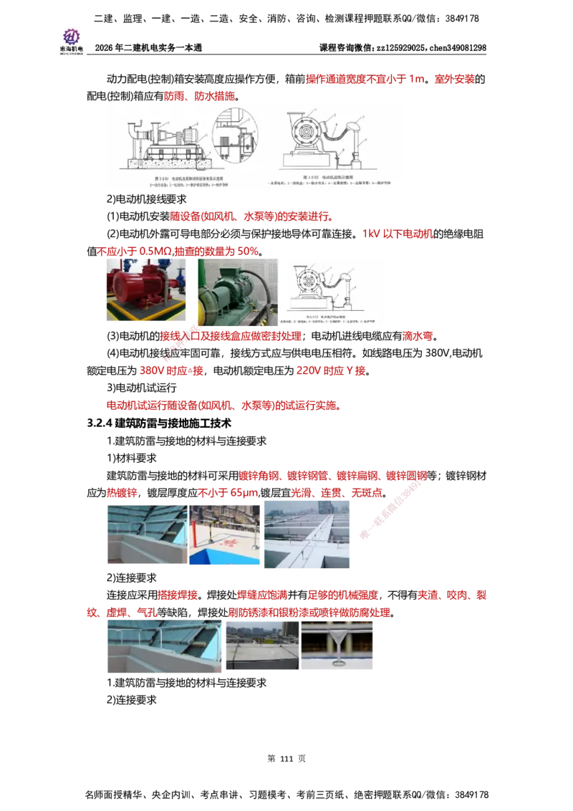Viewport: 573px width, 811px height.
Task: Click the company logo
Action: pos(71,40)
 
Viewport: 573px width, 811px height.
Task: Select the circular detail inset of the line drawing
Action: pos(236,135)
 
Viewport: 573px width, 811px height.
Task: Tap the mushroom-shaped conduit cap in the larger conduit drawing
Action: pos(353,130)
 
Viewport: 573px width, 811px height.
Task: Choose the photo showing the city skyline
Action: pos(261,646)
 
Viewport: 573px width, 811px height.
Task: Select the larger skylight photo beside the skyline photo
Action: pos(163,648)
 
